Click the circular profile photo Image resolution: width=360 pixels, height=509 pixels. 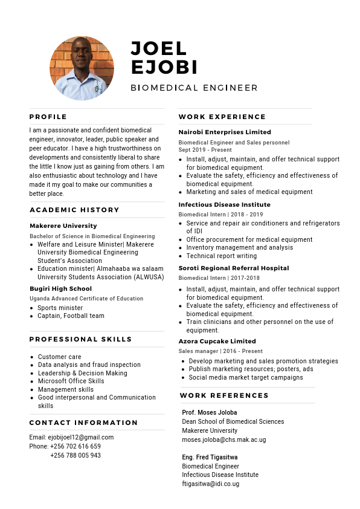click(x=82, y=68)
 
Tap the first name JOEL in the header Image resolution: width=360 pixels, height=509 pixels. click(x=159, y=48)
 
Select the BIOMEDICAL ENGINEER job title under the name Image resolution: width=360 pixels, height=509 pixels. click(x=194, y=88)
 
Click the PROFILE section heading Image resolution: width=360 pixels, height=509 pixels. click(x=48, y=117)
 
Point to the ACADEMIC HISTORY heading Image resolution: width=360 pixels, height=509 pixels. click(x=74, y=210)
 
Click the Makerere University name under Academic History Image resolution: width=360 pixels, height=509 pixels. click(x=63, y=226)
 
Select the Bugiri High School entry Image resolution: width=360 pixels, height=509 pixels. click(x=60, y=289)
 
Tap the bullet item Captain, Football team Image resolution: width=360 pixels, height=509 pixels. click(x=71, y=316)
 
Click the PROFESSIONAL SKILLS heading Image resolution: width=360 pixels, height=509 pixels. click(x=80, y=339)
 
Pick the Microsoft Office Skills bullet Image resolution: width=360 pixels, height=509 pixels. click(x=71, y=381)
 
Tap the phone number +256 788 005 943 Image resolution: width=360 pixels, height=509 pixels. click(x=76, y=455)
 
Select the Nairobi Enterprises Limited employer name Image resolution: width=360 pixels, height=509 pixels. click(x=225, y=132)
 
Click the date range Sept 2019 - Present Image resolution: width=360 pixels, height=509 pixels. click(x=205, y=150)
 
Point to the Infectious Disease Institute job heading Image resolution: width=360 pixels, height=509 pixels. click(x=224, y=204)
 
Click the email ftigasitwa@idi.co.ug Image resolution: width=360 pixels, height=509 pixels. click(x=210, y=484)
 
